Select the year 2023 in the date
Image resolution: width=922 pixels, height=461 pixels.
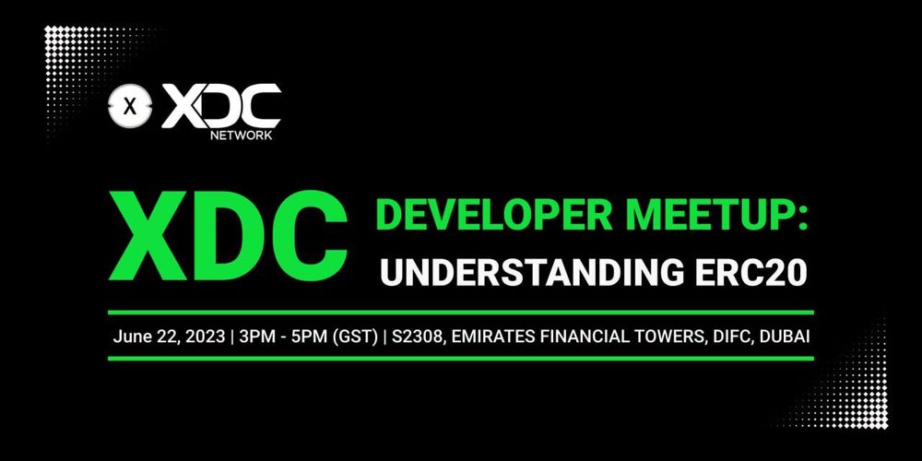tap(203, 336)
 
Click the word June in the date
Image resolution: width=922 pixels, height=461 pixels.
tap(132, 336)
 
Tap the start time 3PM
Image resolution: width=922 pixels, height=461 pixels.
tap(258, 336)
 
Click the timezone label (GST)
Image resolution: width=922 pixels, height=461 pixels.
tap(360, 336)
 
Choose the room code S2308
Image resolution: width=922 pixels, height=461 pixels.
tap(417, 336)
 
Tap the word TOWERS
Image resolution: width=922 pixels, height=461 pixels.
tap(672, 336)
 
